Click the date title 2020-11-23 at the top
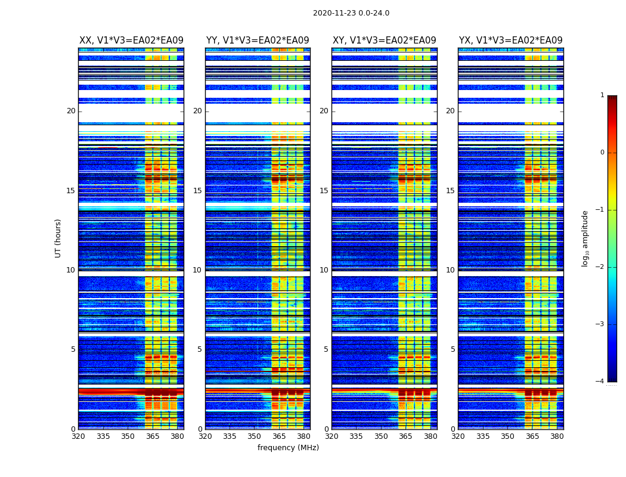coord(351,13)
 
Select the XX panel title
coord(131,41)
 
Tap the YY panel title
coord(258,41)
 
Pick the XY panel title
coord(384,41)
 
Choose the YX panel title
coord(510,41)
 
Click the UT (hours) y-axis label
coord(58,238)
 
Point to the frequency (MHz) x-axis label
coord(288,448)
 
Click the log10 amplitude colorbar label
coord(585,238)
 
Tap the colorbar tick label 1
coord(602,95)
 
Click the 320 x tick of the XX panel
coord(78,436)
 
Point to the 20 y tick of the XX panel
coord(71,111)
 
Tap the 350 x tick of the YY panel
coord(255,436)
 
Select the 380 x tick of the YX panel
coord(557,436)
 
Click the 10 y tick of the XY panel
coord(324,270)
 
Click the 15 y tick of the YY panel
coord(197,191)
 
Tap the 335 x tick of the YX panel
coord(483,436)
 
